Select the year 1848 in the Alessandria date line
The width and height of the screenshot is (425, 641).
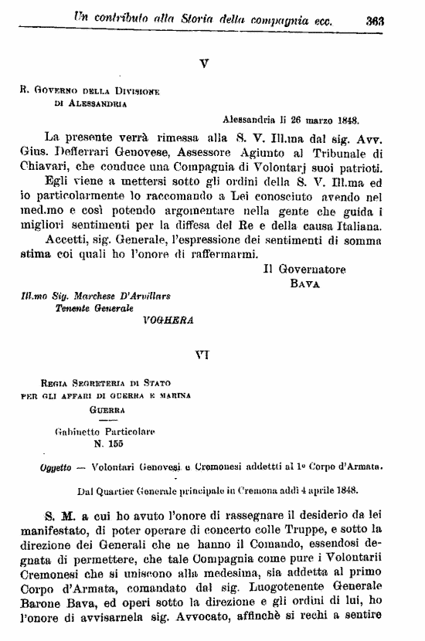[x=345, y=120]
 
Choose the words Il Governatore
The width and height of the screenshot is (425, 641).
[x=304, y=270]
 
